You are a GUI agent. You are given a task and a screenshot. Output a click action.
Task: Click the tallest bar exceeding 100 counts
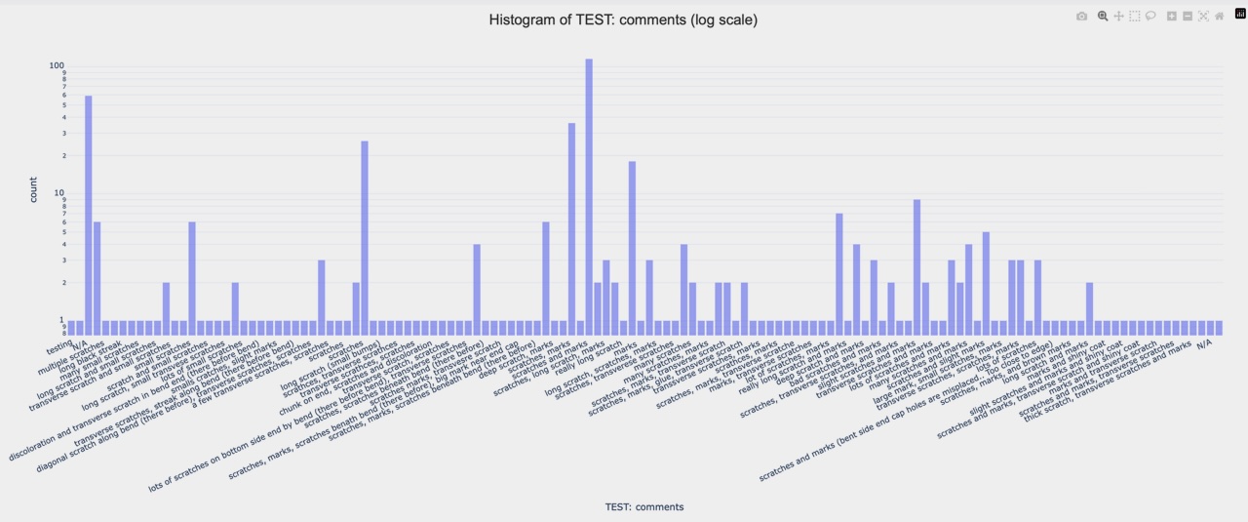click(x=589, y=195)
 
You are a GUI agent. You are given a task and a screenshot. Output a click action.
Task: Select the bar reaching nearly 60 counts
click(x=89, y=215)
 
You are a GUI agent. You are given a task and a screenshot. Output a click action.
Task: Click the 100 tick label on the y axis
click(x=57, y=65)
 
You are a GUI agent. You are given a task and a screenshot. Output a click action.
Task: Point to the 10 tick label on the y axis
click(x=58, y=192)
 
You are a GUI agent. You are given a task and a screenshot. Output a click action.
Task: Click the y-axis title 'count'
click(x=33, y=189)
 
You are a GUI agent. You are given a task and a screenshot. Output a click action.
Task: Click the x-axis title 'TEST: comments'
click(x=643, y=507)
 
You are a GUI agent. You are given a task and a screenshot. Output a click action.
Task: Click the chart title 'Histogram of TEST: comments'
click(x=623, y=20)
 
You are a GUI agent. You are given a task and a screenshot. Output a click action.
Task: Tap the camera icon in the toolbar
click(x=1081, y=17)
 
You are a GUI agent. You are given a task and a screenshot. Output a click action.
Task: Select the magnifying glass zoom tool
click(x=1103, y=17)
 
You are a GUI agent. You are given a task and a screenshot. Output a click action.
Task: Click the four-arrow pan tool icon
click(x=1119, y=17)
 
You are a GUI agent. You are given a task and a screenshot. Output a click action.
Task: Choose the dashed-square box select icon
click(x=1135, y=17)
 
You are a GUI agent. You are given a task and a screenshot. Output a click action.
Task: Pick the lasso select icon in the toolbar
click(x=1150, y=17)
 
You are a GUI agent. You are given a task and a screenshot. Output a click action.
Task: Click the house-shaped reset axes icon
click(x=1219, y=17)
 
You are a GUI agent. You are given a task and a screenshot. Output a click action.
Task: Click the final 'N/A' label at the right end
click(x=1204, y=343)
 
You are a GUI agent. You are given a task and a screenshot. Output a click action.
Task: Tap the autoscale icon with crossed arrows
click(x=1203, y=17)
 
